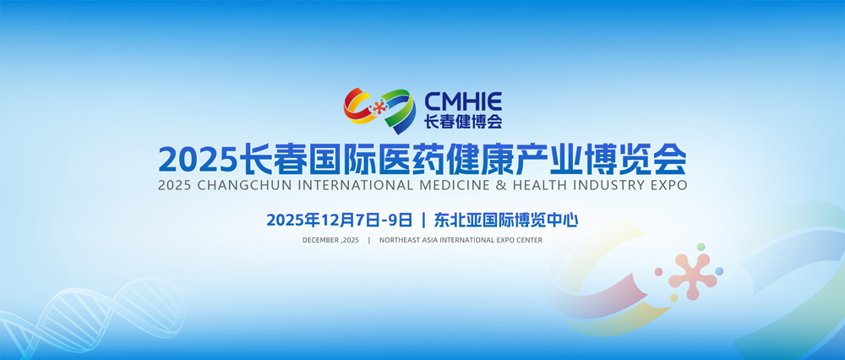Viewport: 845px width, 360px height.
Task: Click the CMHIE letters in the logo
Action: coord(463,101)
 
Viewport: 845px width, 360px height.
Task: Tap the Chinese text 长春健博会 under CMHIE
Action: coord(463,122)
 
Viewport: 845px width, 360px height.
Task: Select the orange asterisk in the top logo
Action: coord(379,107)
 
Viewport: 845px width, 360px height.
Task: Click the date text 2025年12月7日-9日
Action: coord(340,220)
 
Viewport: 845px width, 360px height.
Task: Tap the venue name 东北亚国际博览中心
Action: coord(505,220)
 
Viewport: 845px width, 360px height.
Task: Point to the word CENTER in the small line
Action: coord(529,240)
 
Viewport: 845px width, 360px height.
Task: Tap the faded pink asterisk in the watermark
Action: coord(693,276)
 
